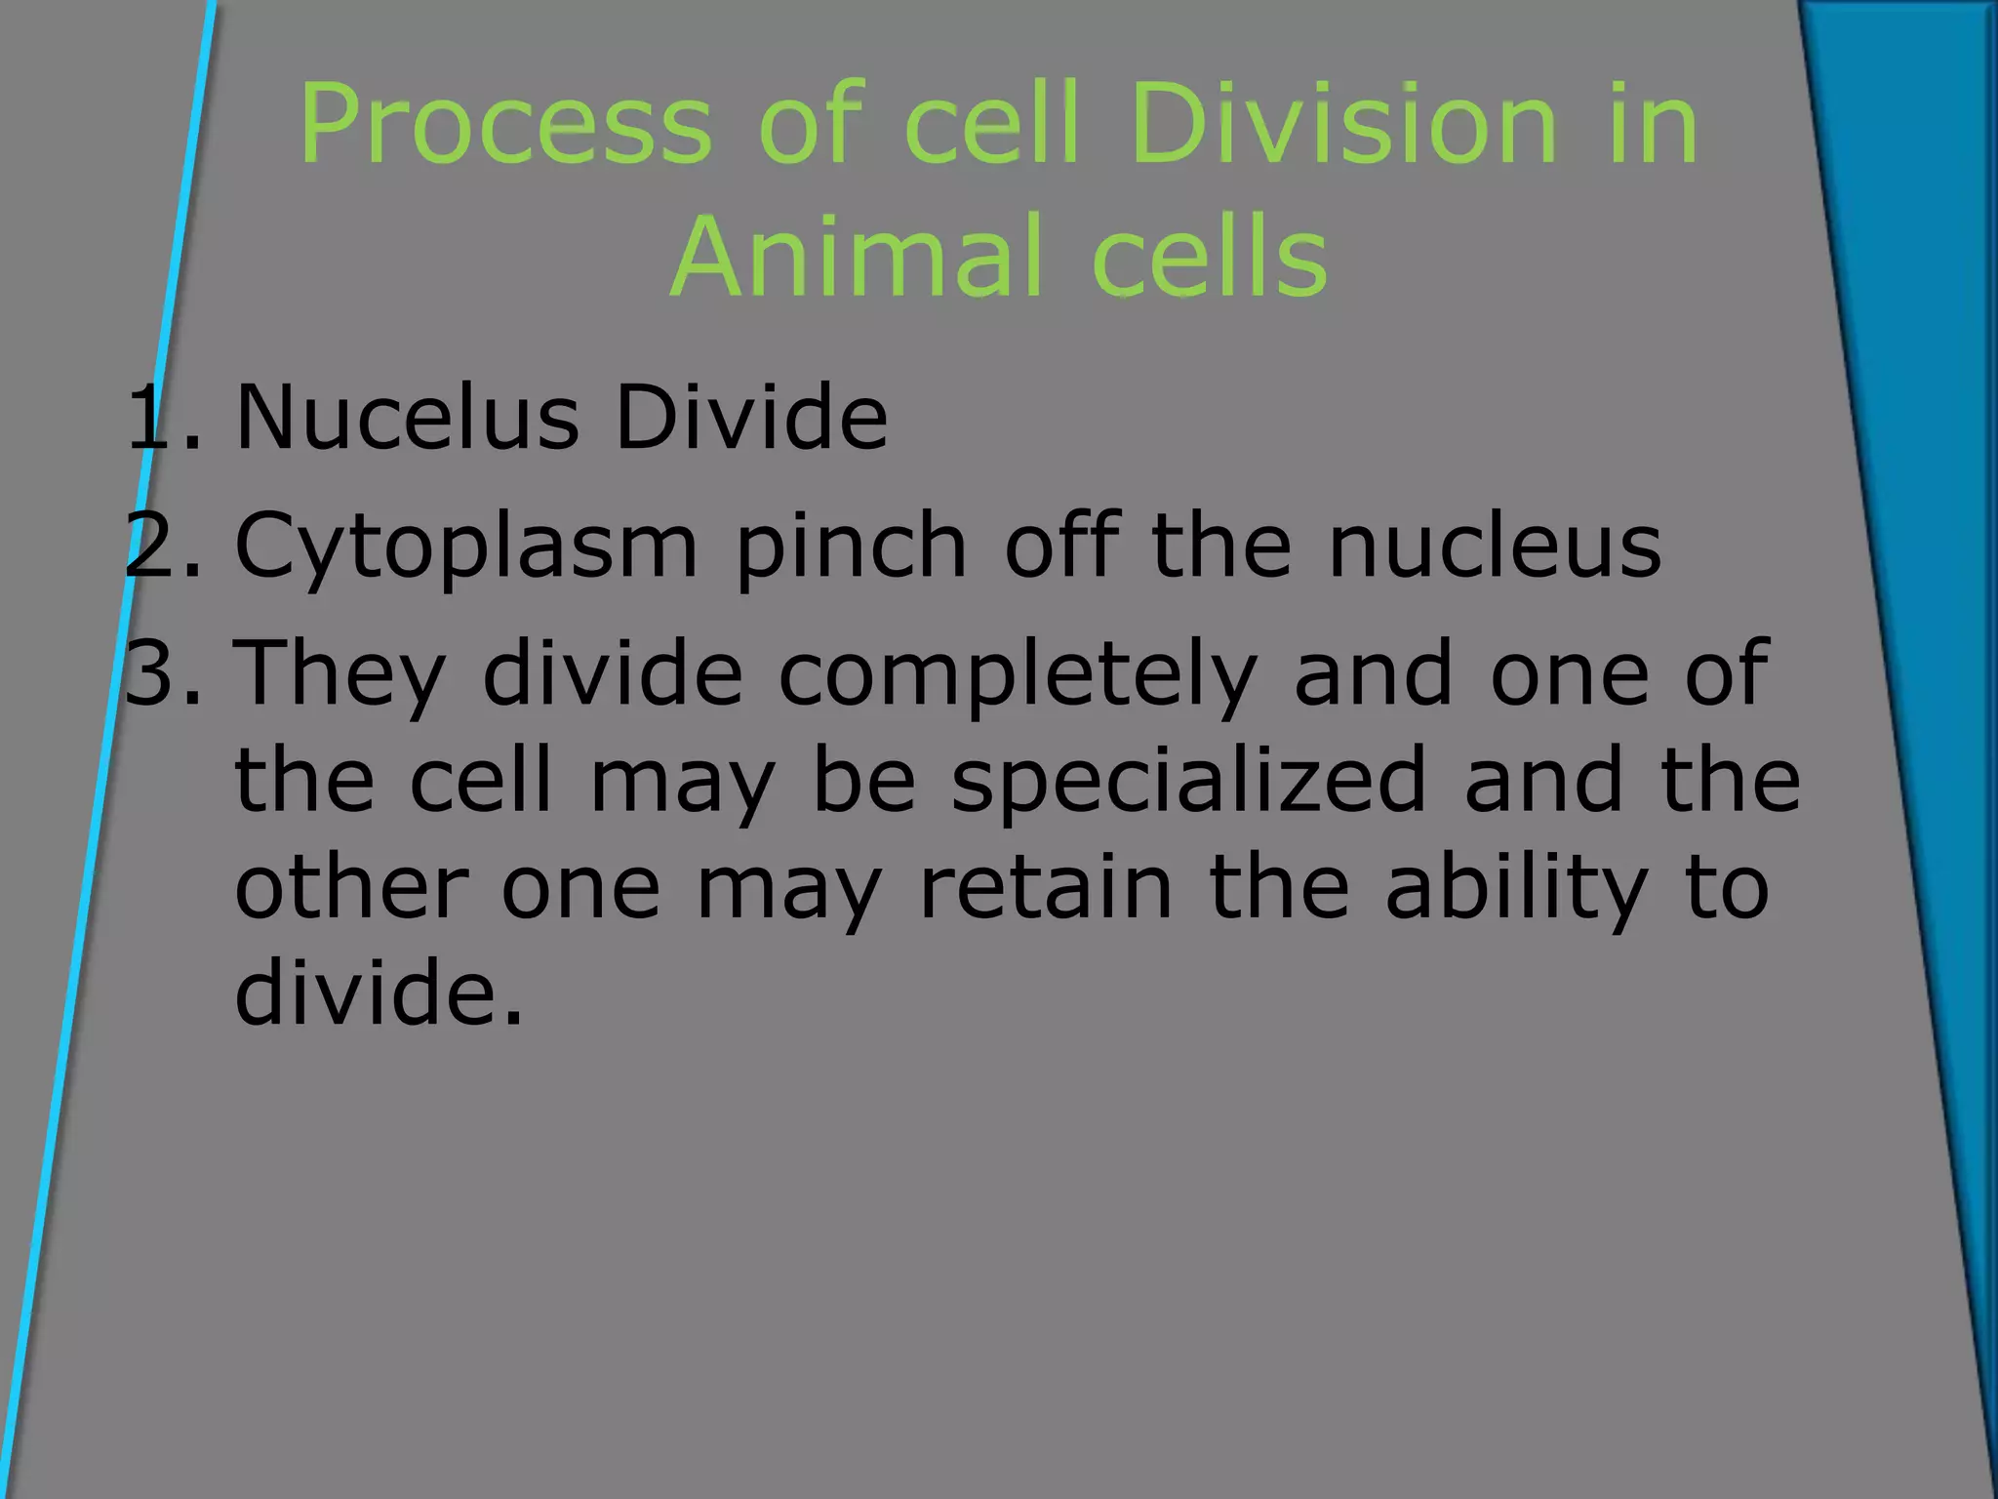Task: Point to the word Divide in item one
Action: coord(751,418)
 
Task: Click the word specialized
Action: coord(1189,781)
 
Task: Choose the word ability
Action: coord(1517,888)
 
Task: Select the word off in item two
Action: coord(1059,547)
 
